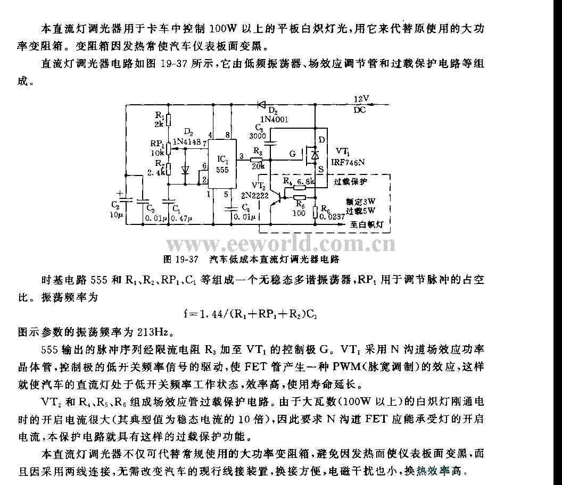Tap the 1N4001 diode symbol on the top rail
[x=261, y=105]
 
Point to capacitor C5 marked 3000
[x=271, y=142]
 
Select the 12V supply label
[x=361, y=99]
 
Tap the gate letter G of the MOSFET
[x=292, y=154]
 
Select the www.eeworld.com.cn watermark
[x=281, y=244]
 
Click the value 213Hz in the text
[x=153, y=333]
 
